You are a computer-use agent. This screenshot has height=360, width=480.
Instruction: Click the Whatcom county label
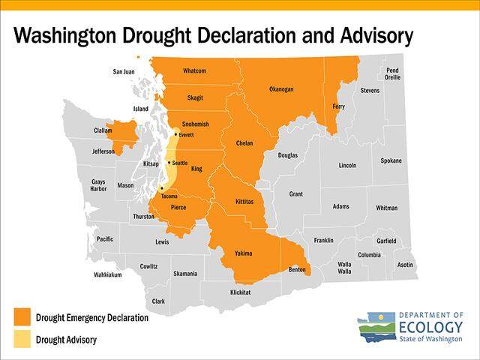[x=199, y=71]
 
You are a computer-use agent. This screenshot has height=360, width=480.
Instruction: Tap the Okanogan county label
[x=281, y=89]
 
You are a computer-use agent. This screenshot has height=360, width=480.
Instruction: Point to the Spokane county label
[x=391, y=160]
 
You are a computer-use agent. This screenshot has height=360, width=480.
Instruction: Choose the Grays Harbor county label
[x=98, y=184]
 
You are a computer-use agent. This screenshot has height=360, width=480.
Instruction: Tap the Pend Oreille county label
[x=392, y=73]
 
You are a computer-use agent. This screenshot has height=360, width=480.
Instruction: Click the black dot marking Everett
[x=175, y=134]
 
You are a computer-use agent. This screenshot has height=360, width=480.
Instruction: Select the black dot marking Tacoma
[x=161, y=187]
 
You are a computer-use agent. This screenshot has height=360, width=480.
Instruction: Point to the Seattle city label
[x=180, y=163]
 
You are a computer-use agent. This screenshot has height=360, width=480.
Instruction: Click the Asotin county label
[x=405, y=265]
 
